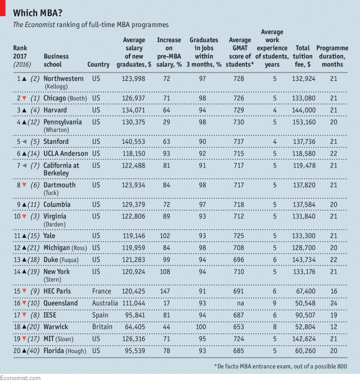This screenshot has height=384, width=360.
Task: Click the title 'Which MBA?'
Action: pos(38,13)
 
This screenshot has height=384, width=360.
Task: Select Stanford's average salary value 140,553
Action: pos(133,142)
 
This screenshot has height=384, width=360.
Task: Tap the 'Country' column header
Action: pos(98,65)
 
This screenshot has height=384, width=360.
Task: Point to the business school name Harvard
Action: pos(55,110)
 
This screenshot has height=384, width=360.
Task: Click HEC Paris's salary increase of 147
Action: pos(165,291)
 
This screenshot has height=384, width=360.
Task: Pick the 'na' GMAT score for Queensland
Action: pos(240,304)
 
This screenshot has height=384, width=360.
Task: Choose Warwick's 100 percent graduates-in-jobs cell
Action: pos(202,327)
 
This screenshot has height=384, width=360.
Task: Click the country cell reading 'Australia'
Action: pos(105,303)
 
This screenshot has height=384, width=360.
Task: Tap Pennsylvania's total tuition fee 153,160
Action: pos(304,122)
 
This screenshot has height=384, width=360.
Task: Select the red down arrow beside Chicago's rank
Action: pos(24,98)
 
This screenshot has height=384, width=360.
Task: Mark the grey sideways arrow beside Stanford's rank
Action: pos(24,142)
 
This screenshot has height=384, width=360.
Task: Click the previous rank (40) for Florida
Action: pos(33,351)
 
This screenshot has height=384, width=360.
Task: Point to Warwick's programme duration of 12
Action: pos(334,327)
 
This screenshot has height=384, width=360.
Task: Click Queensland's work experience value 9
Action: pos(274,303)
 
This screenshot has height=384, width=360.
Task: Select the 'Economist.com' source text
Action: pos(20,378)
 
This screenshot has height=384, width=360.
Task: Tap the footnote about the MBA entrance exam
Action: pos(281,367)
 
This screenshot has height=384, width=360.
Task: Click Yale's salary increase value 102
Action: pos(165,236)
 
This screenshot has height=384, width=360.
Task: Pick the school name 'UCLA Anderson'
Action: pos(66,153)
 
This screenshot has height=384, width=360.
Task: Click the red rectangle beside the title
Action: pos(2,8)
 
